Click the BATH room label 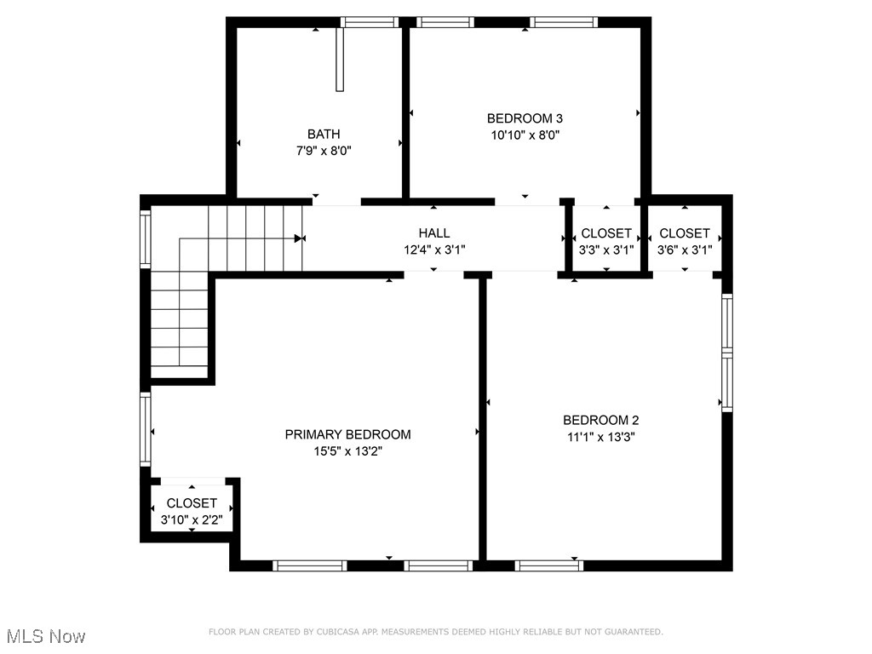tap(324, 134)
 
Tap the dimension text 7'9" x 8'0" tap(324, 150)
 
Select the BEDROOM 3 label tap(525, 118)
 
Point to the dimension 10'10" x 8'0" tap(525, 135)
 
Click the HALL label tap(434, 232)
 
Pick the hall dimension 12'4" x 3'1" tap(434, 250)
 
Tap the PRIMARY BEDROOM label tap(347, 434)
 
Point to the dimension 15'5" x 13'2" tap(347, 451)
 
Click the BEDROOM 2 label tap(601, 420)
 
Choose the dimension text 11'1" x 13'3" tap(601, 437)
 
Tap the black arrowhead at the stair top tap(299, 238)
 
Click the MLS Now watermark tap(46, 636)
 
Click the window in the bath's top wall tap(370, 22)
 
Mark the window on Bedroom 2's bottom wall tap(549, 565)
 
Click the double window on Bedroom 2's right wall tap(726, 352)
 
